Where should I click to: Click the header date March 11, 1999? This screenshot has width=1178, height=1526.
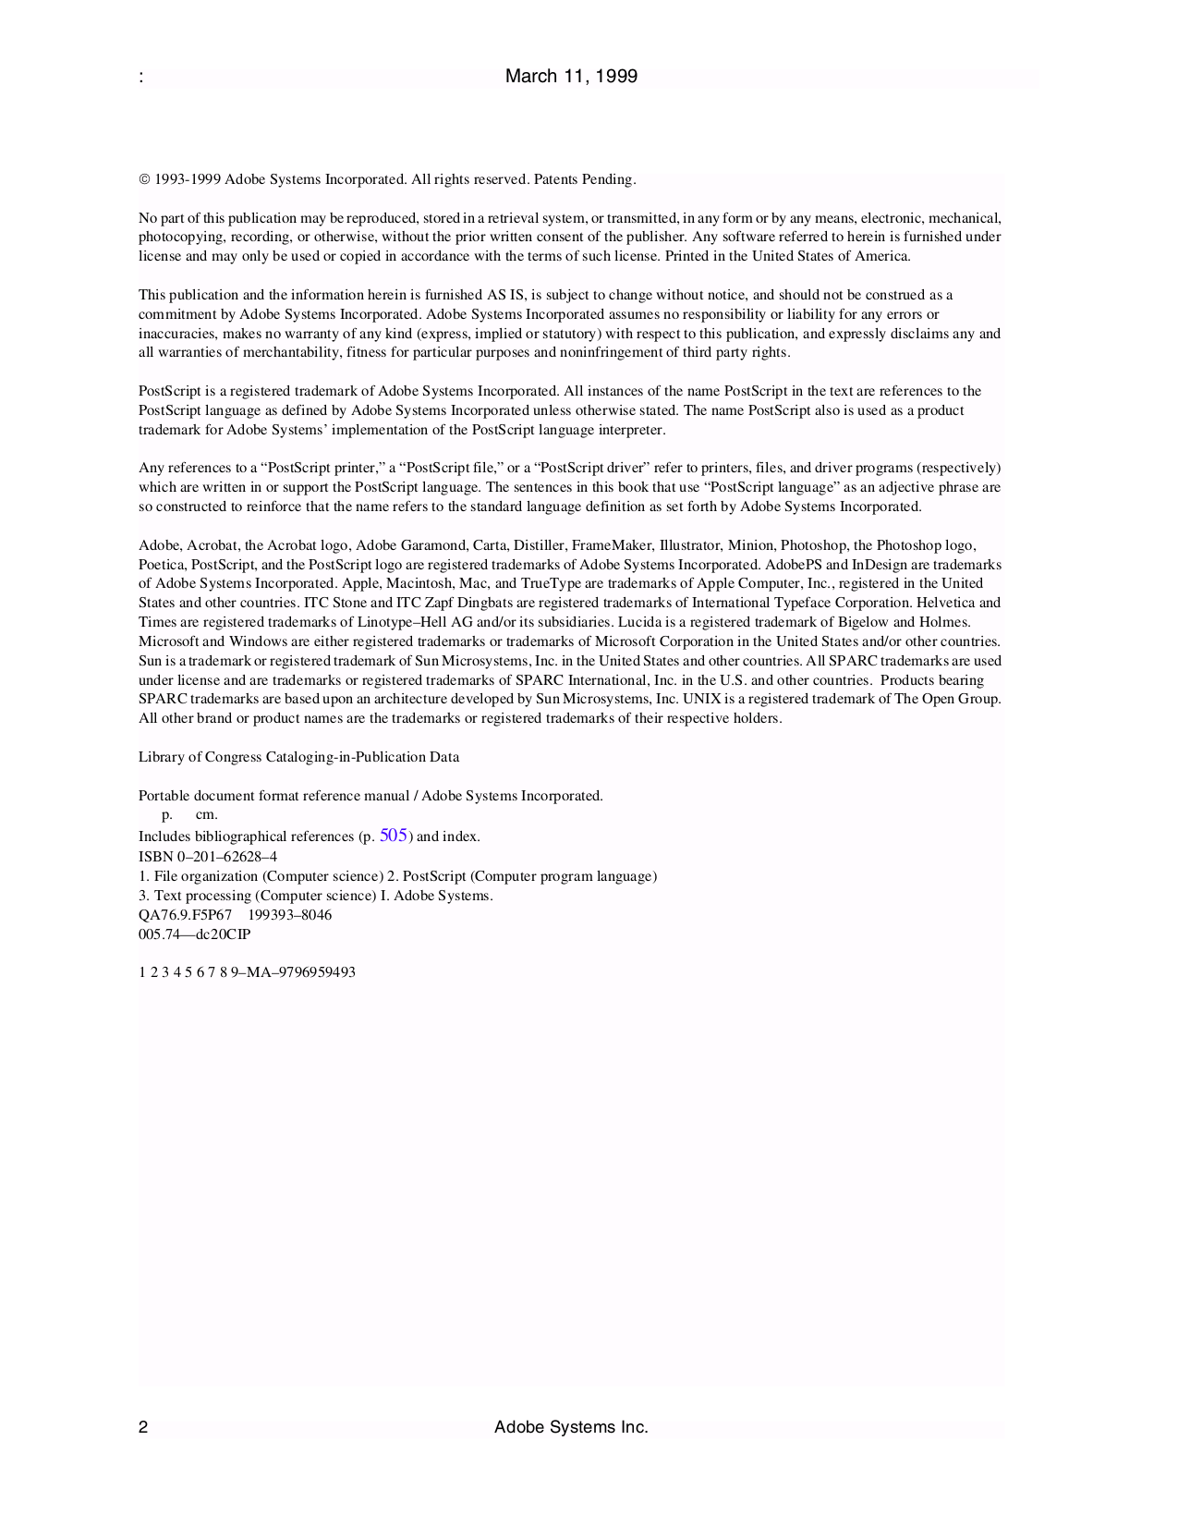[571, 77]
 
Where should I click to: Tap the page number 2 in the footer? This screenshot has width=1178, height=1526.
[143, 1427]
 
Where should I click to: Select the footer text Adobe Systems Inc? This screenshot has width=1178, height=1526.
[571, 1427]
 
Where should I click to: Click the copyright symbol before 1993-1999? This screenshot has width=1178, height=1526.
[144, 179]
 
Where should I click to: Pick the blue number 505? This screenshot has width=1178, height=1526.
[394, 836]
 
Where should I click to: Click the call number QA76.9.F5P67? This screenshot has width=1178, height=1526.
[185, 915]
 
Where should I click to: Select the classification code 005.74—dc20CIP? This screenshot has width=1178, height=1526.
[194, 934]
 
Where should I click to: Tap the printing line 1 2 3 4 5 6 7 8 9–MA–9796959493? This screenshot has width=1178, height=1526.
[247, 972]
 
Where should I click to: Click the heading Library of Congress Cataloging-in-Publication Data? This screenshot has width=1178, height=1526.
[298, 757]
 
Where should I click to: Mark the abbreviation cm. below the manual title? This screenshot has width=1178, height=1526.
[206, 815]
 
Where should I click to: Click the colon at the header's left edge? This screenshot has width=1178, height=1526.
[140, 78]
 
